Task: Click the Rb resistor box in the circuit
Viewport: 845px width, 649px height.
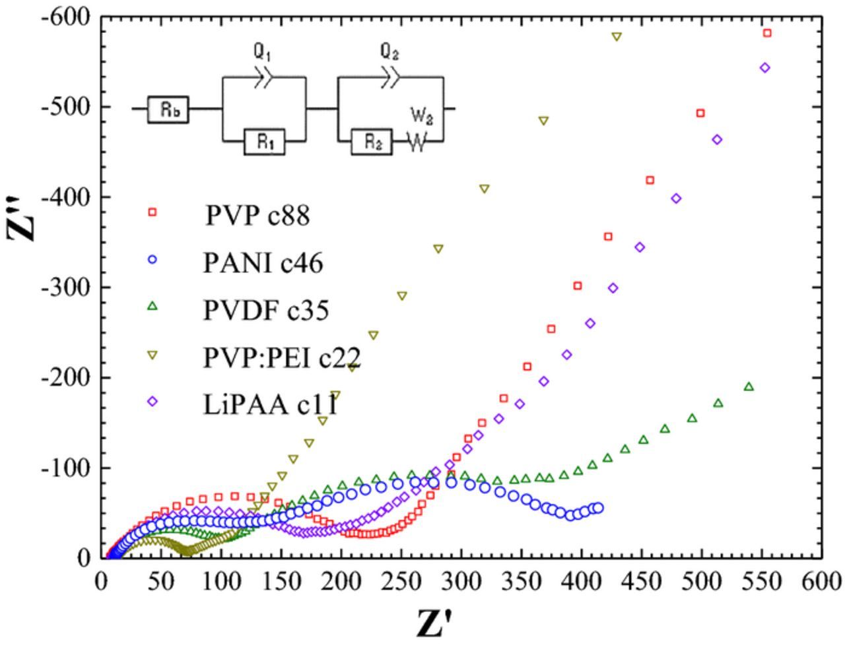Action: point(169,109)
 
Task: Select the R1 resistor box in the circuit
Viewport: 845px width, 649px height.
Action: point(264,142)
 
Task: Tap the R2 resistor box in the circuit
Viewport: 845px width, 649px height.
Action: point(372,142)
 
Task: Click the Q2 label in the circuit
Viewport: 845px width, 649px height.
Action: point(389,52)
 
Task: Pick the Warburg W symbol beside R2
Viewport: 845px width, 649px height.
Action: point(417,142)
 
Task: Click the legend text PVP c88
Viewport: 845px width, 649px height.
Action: point(257,215)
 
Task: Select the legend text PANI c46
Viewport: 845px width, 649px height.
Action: point(263,263)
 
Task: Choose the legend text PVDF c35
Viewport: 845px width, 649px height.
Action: point(265,310)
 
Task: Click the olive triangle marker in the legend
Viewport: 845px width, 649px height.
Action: point(152,355)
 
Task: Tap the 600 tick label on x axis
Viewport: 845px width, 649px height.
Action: point(821,582)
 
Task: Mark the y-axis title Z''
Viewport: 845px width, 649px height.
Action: point(24,218)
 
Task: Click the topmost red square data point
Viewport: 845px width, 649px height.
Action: point(767,33)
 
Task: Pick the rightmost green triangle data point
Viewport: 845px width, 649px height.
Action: point(749,386)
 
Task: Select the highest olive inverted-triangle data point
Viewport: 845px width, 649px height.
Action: point(617,37)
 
